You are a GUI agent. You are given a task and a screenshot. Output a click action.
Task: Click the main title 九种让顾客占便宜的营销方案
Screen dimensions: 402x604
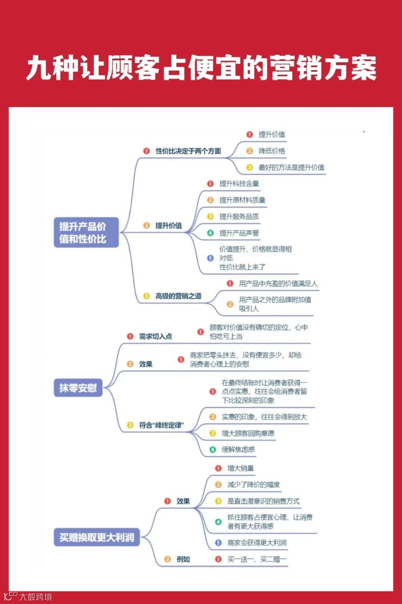tap(201, 68)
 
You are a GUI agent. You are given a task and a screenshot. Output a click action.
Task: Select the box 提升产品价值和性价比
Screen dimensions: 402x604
tap(86, 232)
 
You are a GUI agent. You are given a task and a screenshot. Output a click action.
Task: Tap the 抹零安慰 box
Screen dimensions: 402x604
tap(78, 388)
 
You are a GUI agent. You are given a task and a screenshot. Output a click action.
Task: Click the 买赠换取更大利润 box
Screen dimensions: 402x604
tap(97, 537)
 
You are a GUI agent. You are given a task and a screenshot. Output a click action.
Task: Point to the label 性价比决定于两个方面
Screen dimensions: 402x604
tap(188, 151)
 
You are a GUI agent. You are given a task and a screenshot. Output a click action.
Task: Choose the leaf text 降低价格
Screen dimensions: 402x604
tap(272, 151)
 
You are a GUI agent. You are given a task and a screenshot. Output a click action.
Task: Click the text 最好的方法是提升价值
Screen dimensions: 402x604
tap(291, 167)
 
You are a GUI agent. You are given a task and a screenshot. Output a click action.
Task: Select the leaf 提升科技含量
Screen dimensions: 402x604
tap(239, 183)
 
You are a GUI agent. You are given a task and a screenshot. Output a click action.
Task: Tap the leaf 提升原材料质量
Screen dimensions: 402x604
tap(242, 200)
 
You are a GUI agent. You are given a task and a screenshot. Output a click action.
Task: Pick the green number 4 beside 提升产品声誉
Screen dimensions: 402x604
tap(210, 233)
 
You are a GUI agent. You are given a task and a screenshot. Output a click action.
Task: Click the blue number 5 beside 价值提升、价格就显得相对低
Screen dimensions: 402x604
tap(210, 258)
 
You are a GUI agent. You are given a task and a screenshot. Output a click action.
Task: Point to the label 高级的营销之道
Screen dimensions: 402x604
tap(178, 296)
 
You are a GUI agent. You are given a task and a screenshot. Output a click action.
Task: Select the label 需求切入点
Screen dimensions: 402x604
tap(155, 336)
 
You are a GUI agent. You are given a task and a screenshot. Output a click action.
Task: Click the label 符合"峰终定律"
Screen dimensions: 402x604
tap(162, 425)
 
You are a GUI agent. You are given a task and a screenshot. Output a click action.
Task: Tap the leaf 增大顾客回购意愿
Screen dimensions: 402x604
tap(248, 433)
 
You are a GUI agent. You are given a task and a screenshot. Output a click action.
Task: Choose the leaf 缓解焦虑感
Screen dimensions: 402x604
tap(238, 450)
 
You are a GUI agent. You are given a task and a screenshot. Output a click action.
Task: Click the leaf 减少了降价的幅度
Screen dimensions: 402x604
tap(253, 485)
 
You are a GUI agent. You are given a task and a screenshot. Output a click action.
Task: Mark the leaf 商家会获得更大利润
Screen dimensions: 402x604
tap(257, 543)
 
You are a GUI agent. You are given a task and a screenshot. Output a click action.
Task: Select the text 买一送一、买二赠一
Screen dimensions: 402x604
tap(257, 559)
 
